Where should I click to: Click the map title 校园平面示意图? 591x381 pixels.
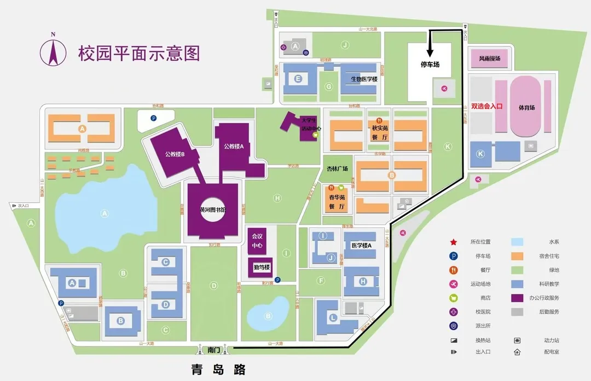tap(139, 54)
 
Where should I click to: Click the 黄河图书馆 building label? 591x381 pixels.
tap(213, 209)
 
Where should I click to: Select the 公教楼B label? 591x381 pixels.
tap(175, 154)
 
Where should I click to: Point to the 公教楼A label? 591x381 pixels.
tap(234, 146)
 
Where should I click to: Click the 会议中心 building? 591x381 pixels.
tap(257, 241)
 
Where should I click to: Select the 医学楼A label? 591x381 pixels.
tap(361, 246)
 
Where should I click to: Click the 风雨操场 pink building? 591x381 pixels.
tap(490, 58)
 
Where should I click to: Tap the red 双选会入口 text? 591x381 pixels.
tap(486, 107)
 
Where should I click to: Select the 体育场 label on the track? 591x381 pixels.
tap(528, 107)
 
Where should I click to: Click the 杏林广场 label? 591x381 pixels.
tap(337, 169)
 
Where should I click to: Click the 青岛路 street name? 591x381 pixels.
tap(215, 369)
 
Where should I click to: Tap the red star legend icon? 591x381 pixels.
tap(453, 242)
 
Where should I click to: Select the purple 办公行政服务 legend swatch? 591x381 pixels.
tap(517, 298)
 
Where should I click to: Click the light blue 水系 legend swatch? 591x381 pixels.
tap(517, 242)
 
